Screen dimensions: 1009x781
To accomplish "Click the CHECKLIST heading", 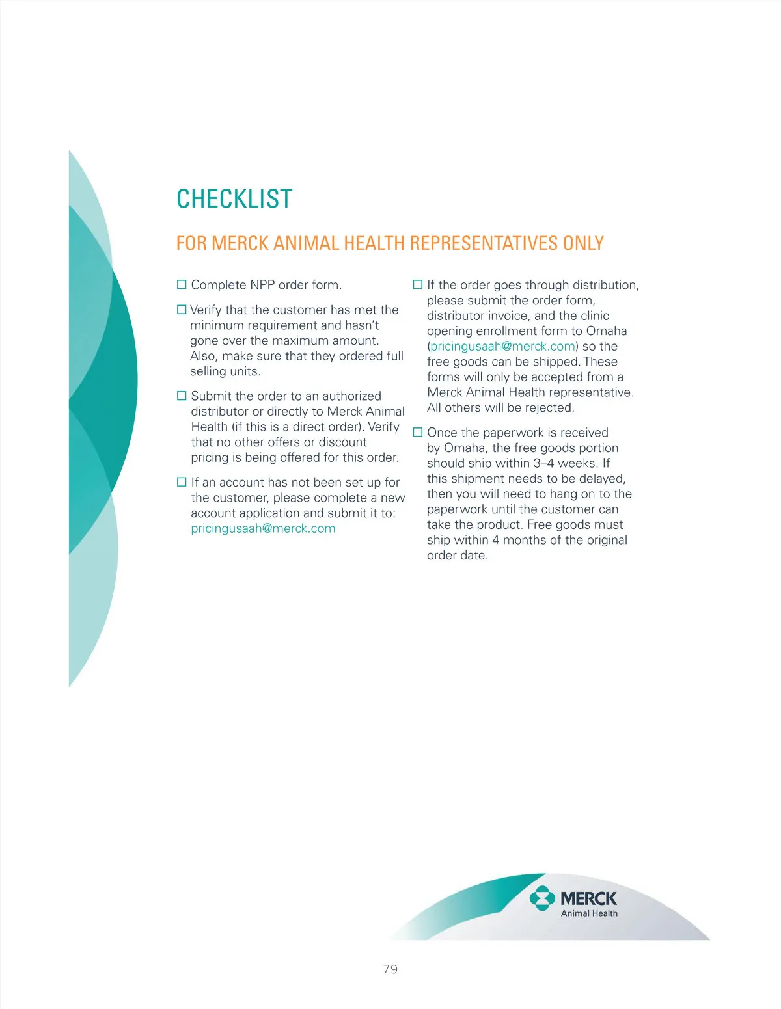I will click(x=234, y=199).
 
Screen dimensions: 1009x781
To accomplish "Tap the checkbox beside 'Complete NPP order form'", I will click(x=182, y=285).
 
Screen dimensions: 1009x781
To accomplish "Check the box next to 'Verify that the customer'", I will click(x=182, y=310).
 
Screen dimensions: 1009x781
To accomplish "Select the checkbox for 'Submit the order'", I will click(x=182, y=396).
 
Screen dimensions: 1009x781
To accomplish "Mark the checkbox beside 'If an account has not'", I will click(x=182, y=482).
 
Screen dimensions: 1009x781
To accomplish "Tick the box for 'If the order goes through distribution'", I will click(x=418, y=285).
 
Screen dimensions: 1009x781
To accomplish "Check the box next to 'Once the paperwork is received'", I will click(x=418, y=433).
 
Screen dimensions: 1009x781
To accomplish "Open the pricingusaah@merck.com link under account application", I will click(x=263, y=528).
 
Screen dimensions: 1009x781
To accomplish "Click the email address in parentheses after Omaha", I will click(x=502, y=346).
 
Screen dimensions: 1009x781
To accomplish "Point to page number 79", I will click(x=390, y=969).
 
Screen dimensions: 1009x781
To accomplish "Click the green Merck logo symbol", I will click(x=541, y=898).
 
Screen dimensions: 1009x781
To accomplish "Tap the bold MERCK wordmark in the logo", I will click(x=588, y=898).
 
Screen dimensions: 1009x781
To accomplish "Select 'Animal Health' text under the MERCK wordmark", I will click(x=589, y=913).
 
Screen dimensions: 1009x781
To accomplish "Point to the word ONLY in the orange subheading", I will click(x=583, y=243).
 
